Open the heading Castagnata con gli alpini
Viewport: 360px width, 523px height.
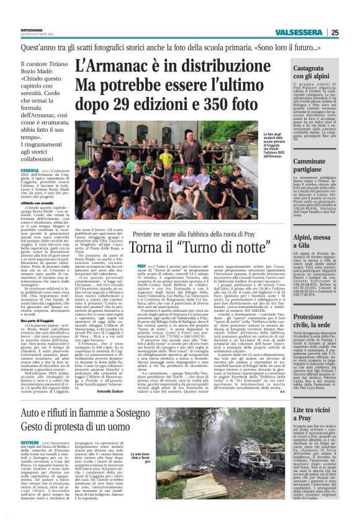pos(318,71)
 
